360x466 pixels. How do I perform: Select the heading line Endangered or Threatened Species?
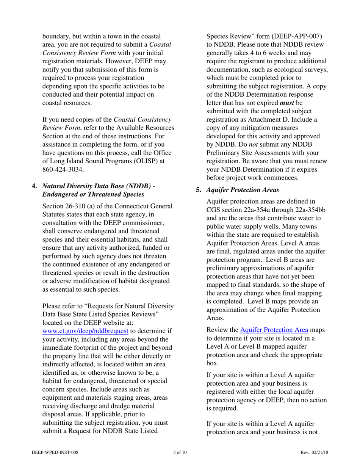coord(93,194)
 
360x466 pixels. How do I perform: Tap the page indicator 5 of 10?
coord(180,452)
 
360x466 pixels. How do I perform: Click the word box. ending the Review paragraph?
coord(213,363)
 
